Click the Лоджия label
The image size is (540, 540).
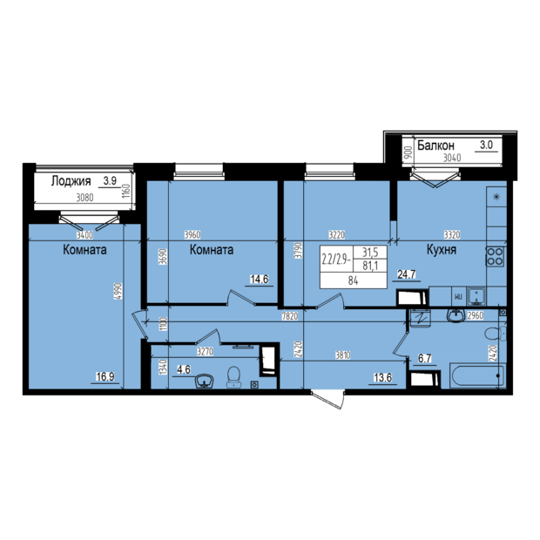[71, 181]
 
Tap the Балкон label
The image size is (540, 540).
[435, 145]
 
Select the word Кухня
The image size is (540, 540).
[442, 249]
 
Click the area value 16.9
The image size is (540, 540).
[105, 377]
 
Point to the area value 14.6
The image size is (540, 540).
[259, 279]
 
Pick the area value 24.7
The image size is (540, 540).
[407, 274]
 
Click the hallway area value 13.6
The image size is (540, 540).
[382, 378]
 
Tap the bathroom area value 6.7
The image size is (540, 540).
[425, 359]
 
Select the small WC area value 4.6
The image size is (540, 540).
[183, 370]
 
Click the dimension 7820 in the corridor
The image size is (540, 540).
[290, 316]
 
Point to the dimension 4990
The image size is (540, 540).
[118, 292]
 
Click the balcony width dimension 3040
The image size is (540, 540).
[452, 158]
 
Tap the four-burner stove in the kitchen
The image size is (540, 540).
[495, 257]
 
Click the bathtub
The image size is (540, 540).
[478, 376]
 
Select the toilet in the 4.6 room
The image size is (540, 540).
[234, 377]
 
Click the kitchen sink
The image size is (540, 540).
[476, 297]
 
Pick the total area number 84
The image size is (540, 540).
[353, 281]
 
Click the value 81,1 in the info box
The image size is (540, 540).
[370, 267]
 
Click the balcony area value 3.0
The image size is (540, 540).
[486, 145]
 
